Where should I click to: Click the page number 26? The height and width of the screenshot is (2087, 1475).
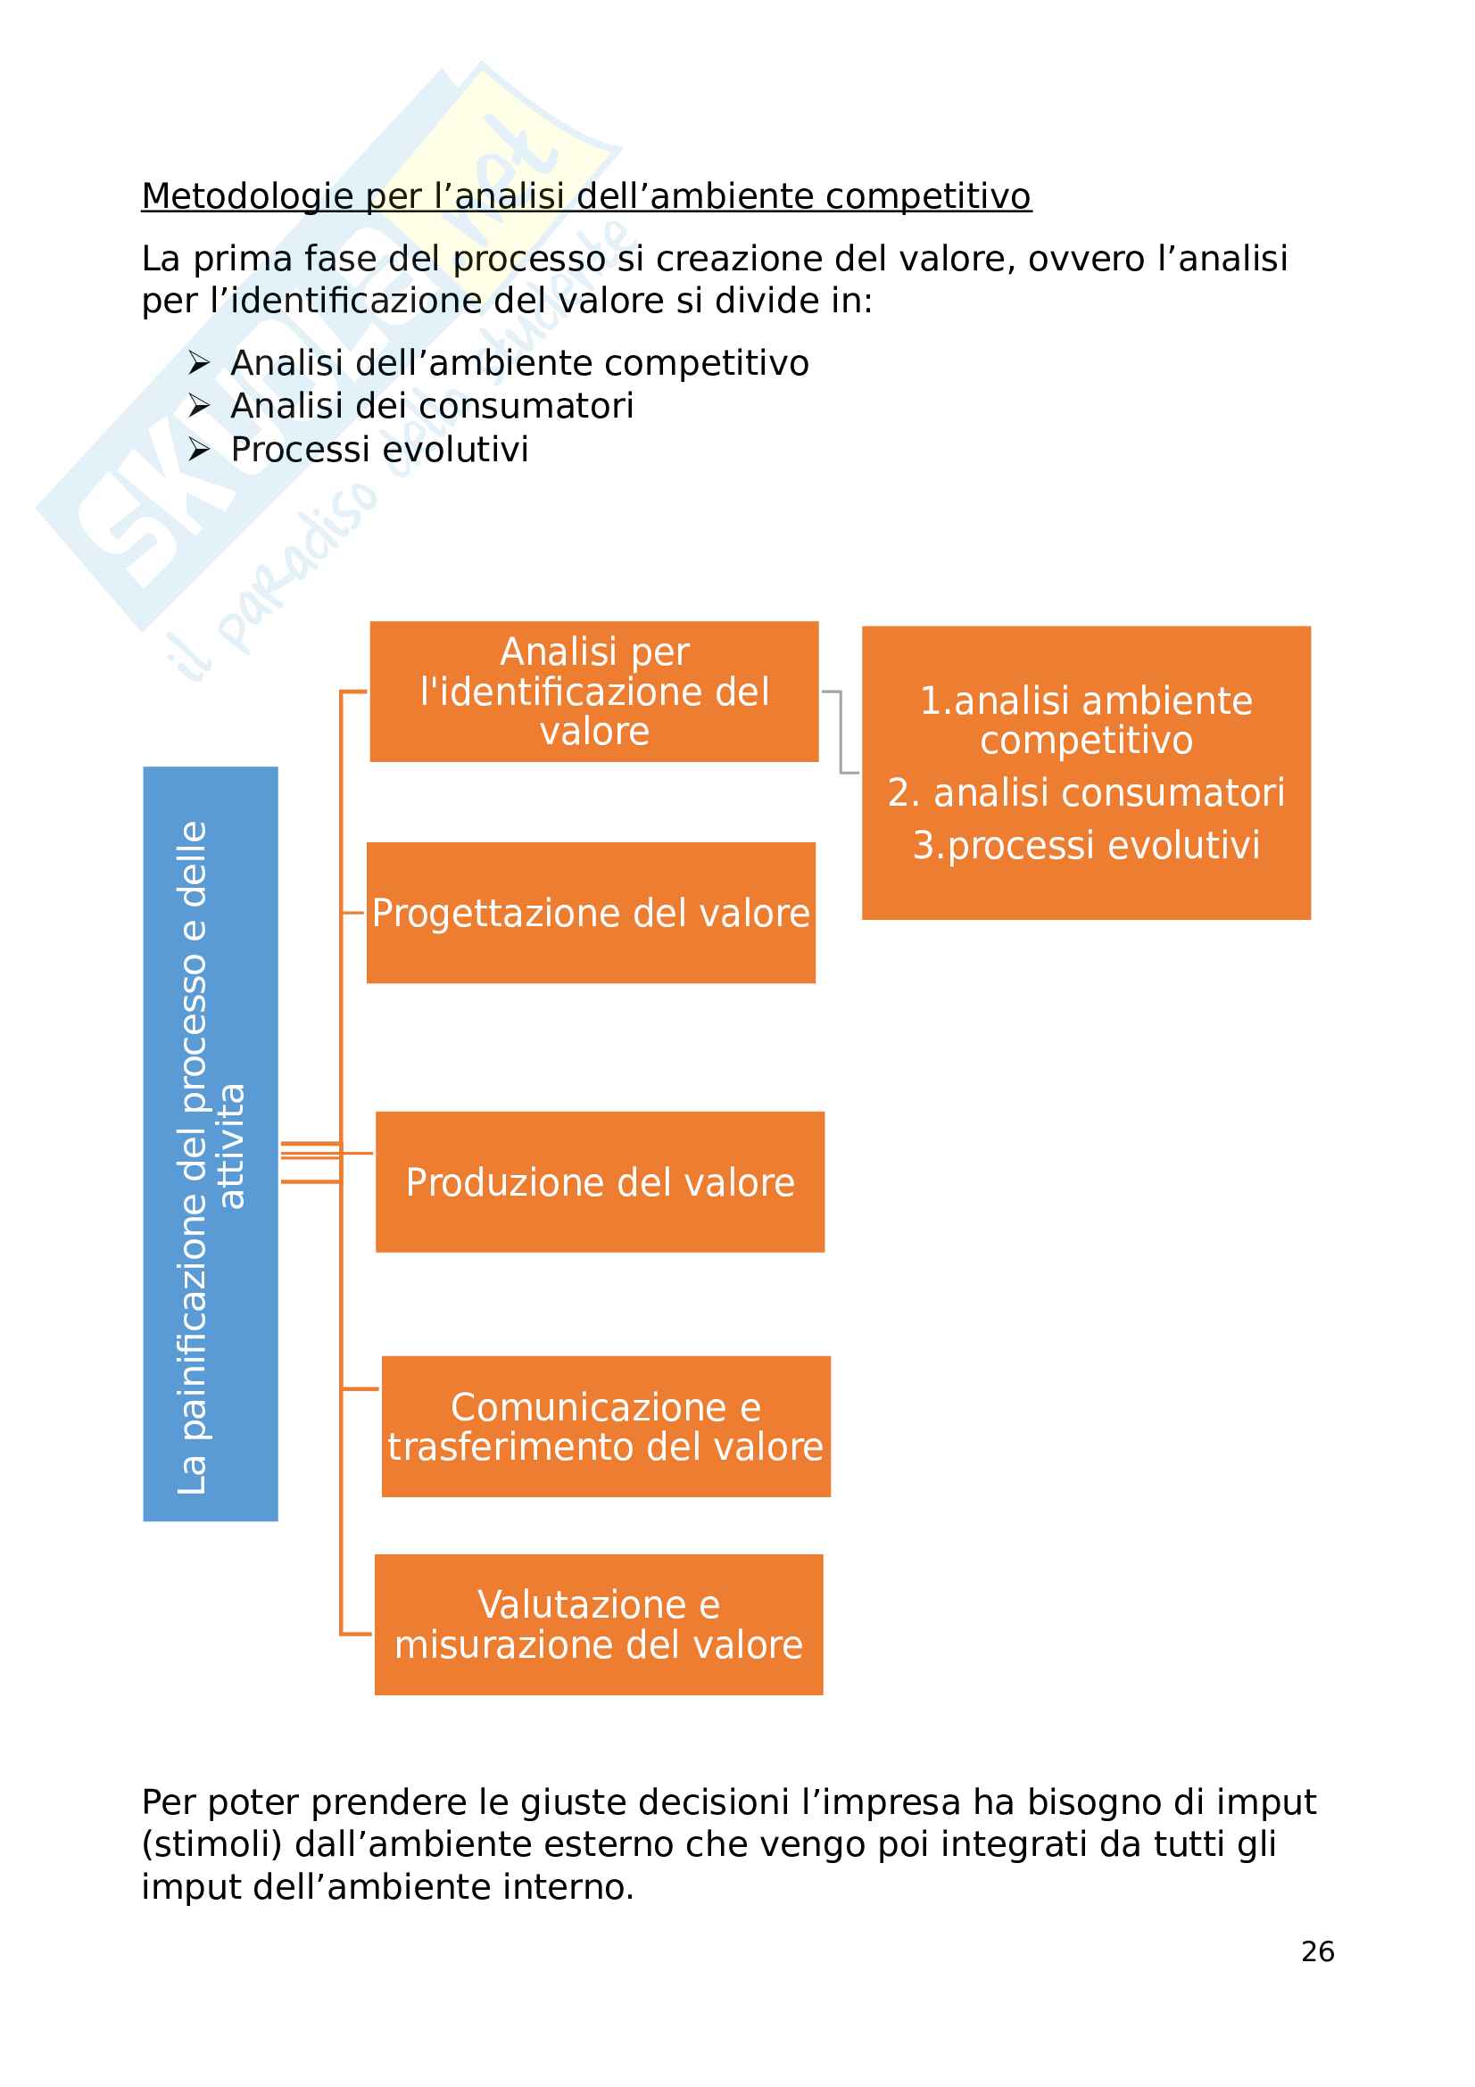tap(1317, 1951)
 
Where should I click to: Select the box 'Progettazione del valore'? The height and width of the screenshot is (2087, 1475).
tap(591, 913)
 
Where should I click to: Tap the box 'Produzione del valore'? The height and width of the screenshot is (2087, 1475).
tap(600, 1181)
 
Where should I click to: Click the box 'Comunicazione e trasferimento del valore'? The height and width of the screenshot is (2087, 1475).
tap(605, 1426)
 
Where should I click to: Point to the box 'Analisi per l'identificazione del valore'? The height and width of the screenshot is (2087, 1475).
tap(593, 692)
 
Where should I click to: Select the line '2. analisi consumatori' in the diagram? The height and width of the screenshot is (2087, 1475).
tap(1086, 792)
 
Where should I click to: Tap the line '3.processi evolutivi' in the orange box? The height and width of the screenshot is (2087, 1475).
tap(1086, 845)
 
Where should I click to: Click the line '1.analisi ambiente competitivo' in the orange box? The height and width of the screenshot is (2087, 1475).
tap(1086, 720)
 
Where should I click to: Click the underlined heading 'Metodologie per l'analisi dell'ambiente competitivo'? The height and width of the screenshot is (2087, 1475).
tap(586, 196)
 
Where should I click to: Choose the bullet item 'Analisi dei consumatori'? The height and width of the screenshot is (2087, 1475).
tap(432, 405)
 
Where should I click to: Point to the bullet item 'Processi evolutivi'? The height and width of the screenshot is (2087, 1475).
tap(379, 449)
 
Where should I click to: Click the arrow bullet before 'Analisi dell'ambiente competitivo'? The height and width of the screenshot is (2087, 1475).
tap(199, 363)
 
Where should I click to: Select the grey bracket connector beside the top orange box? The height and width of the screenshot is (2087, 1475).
tap(841, 732)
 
